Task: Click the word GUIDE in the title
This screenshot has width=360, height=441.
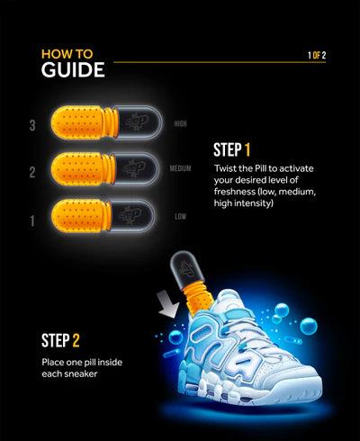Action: [x=72, y=69]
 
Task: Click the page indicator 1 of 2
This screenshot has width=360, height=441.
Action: [x=317, y=56]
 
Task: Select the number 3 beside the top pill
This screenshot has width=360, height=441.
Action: [x=32, y=126]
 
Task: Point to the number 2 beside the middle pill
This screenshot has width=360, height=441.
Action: [x=32, y=171]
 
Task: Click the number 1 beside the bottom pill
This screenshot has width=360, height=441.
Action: [x=32, y=218]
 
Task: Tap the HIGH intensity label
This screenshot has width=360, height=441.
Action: [x=180, y=123]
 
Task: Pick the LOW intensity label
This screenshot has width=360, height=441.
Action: [x=180, y=215]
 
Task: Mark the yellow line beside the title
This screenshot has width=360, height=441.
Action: [x=207, y=61]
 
